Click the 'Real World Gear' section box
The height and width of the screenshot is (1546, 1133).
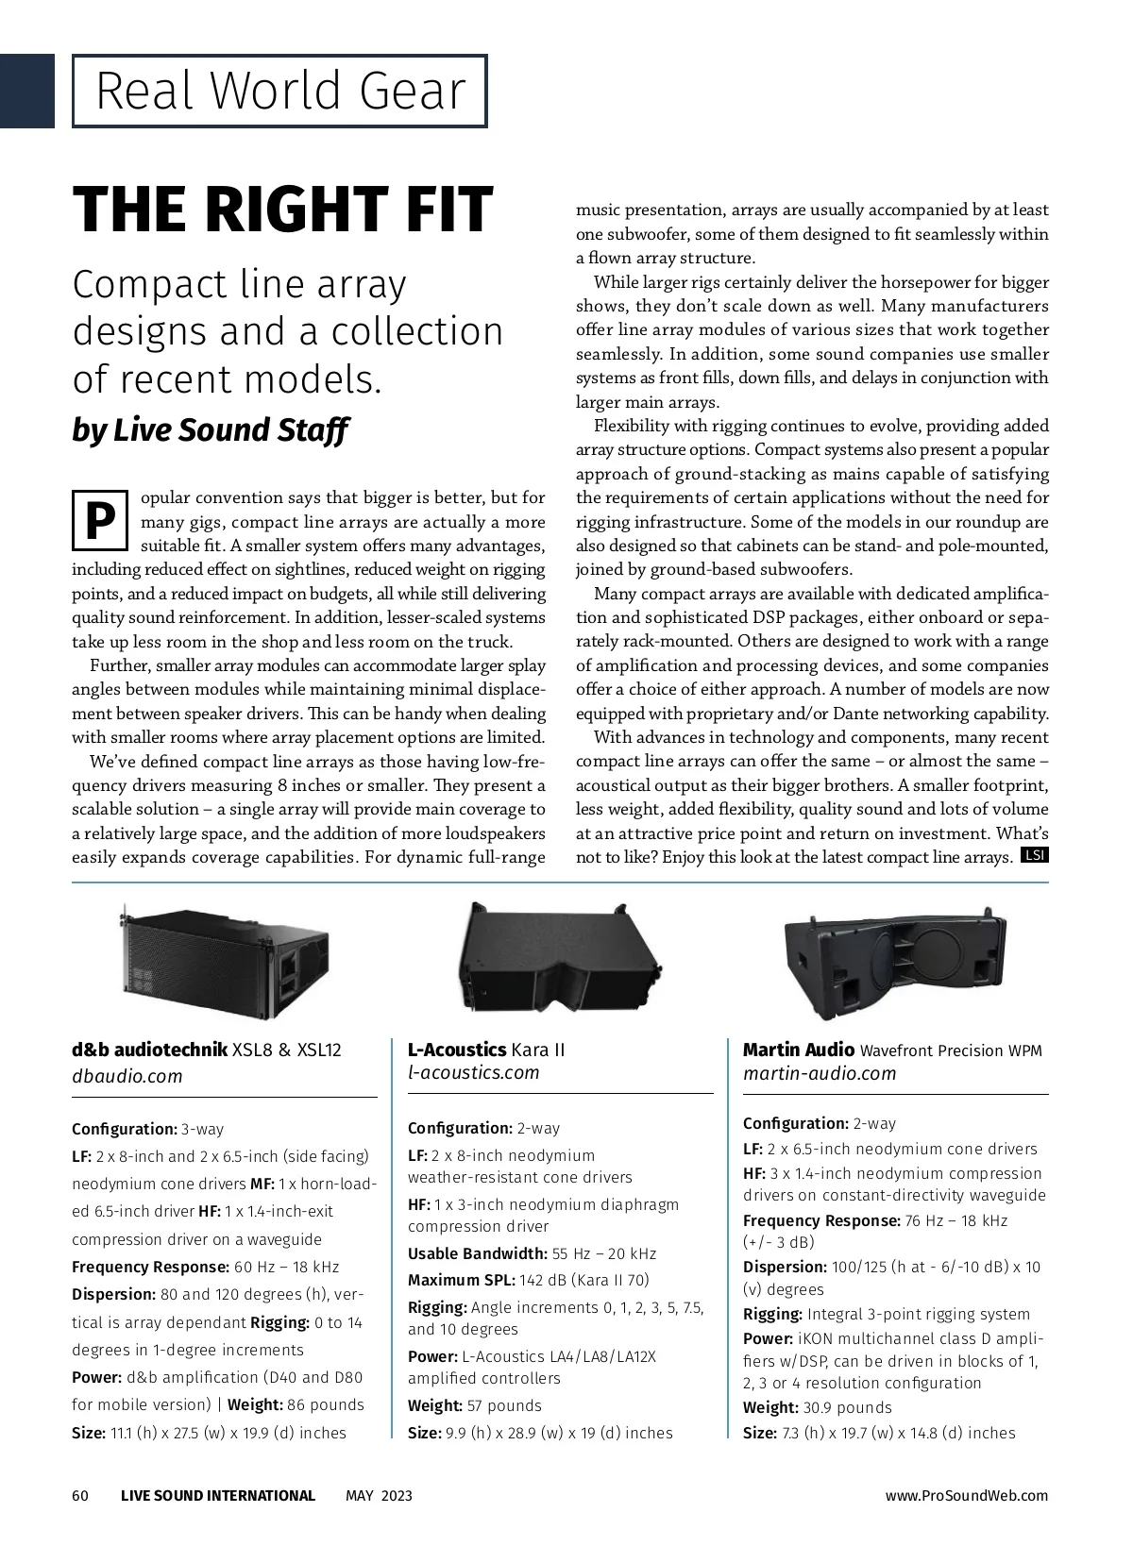[279, 92]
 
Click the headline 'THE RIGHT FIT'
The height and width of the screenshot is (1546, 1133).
[282, 210]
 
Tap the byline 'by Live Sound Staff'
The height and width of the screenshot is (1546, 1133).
[210, 430]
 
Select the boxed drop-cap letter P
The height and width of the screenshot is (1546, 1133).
[99, 520]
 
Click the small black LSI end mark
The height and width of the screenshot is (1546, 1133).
[1035, 856]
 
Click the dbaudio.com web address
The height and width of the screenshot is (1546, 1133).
[127, 1076]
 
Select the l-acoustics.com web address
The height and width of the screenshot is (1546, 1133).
[473, 1072]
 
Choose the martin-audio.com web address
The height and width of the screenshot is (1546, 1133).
[819, 1073]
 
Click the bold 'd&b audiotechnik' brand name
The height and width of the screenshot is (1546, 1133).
[149, 1050]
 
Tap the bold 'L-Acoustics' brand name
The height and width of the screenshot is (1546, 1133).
[457, 1050]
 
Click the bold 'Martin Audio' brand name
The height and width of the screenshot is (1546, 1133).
[798, 1050]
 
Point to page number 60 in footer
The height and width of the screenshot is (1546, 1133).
[80, 1495]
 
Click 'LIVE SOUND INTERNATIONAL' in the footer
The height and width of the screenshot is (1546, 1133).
[218, 1495]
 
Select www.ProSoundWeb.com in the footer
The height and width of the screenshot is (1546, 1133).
[966, 1495]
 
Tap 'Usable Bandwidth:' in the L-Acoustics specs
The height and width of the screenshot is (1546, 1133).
[477, 1253]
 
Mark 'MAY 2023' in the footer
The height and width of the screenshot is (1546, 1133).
[379, 1495]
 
